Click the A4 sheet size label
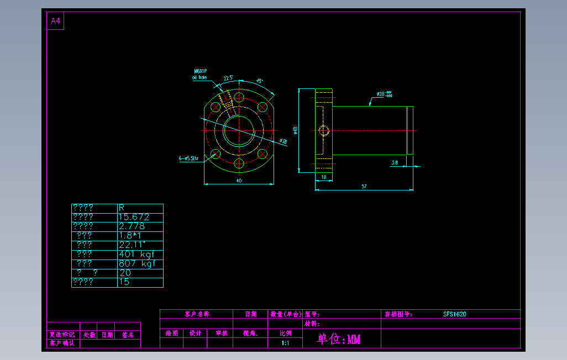[55, 21]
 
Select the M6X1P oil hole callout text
[200, 75]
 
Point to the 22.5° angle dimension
[228, 78]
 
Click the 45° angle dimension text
[260, 81]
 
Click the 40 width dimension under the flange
[239, 181]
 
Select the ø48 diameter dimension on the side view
[296, 130]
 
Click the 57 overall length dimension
[364, 187]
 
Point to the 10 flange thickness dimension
[324, 177]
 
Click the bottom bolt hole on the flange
[239, 163]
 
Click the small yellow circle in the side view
[324, 131]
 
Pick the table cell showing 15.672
[134, 217]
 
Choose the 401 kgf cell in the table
[136, 254]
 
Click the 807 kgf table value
[136, 263]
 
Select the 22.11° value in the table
[132, 245]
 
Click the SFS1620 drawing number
[454, 314]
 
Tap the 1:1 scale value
[285, 343]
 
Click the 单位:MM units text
[339, 339]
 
